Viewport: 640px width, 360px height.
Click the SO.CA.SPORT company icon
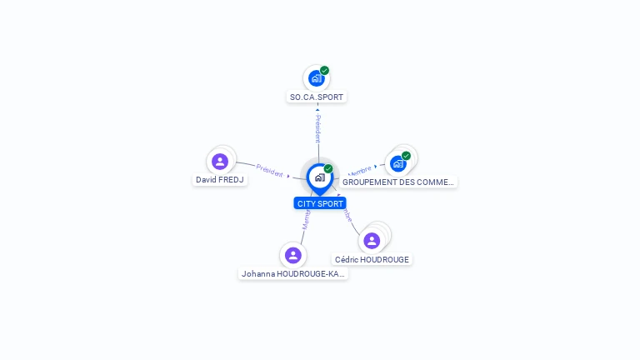(316, 78)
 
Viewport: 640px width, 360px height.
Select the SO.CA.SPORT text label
(316, 97)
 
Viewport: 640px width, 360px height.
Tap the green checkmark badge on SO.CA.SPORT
(324, 71)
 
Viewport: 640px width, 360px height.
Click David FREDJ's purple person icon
(220, 161)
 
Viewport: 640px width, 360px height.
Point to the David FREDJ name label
(220, 179)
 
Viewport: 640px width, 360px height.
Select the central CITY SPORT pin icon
(319, 177)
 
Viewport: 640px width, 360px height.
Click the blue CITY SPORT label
(319, 203)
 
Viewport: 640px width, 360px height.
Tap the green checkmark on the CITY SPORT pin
(328, 169)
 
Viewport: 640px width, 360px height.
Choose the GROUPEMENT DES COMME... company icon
(398, 163)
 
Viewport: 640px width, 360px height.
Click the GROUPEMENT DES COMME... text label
(398, 182)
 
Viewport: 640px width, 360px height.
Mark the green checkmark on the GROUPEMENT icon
(407, 156)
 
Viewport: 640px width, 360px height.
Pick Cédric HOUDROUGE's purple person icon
(372, 240)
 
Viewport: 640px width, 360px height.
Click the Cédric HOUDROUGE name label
(372, 259)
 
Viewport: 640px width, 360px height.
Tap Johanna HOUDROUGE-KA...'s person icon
(292, 255)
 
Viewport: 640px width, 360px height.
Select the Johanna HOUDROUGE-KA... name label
(292, 273)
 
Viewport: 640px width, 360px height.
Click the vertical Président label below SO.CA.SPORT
(317, 128)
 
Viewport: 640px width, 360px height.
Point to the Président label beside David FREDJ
(269, 169)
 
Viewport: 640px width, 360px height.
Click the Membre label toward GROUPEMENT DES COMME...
(359, 169)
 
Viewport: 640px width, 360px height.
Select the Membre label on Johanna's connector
(306, 219)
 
